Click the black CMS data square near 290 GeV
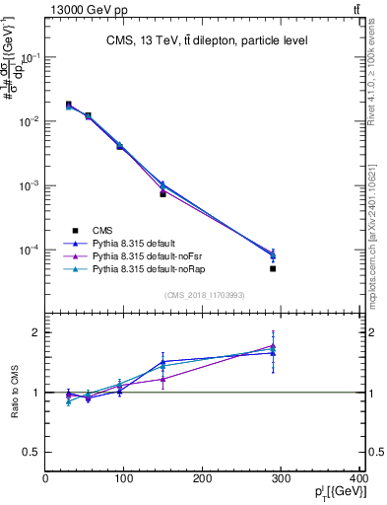pyautogui.click(x=273, y=268)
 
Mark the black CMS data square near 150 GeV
pyautogui.click(x=162, y=193)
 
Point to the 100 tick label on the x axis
pyautogui.click(x=124, y=479)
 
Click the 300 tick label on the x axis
pyautogui.click(x=282, y=479)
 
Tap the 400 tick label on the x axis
pyautogui.click(x=359, y=479)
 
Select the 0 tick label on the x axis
pyautogui.click(x=46, y=479)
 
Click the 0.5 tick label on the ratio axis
pyautogui.click(x=30, y=452)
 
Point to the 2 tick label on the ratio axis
pyautogui.click(x=35, y=332)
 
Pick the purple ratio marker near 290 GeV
pyautogui.click(x=273, y=346)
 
